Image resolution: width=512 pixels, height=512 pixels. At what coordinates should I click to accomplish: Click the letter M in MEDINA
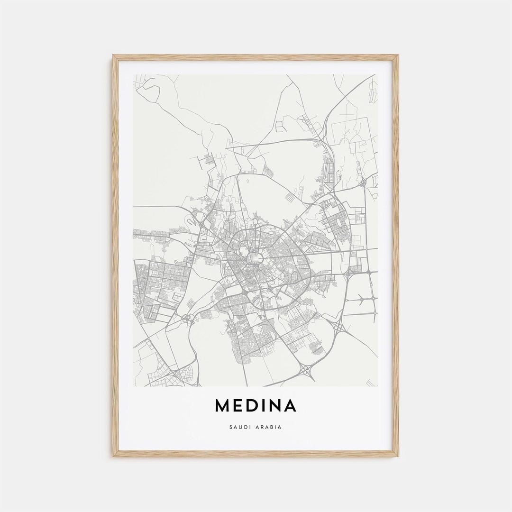pyautogui.click(x=222, y=406)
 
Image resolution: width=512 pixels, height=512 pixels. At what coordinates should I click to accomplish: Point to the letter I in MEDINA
pyautogui.click(x=265, y=406)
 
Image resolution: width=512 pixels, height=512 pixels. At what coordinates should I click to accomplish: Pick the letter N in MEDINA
pyautogui.click(x=276, y=406)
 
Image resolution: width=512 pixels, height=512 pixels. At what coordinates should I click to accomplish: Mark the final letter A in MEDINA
pyautogui.click(x=291, y=406)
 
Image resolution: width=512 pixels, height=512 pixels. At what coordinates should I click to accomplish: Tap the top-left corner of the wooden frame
pyautogui.click(x=114, y=56)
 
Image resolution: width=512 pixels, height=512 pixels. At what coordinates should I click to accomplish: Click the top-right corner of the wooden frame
pyautogui.click(x=397, y=56)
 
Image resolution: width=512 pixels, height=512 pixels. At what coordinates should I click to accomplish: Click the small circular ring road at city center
pyautogui.click(x=255, y=258)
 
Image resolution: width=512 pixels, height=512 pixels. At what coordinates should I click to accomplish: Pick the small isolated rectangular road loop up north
pyautogui.click(x=281, y=126)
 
